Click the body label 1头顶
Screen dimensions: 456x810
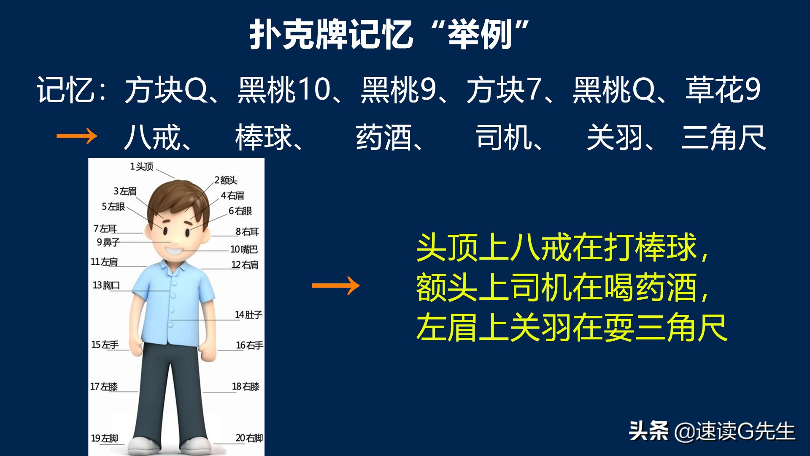click(x=141, y=167)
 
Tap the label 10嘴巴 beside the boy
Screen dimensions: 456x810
click(x=244, y=250)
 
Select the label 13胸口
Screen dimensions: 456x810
click(x=106, y=285)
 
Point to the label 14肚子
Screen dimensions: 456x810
click(x=248, y=315)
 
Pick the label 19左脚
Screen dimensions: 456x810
click(x=105, y=438)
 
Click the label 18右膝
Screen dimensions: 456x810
click(x=246, y=387)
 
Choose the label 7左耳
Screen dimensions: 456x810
click(x=105, y=229)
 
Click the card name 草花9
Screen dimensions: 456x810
click(x=723, y=90)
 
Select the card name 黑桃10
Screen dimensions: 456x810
click(x=284, y=90)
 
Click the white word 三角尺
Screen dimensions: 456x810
click(x=724, y=138)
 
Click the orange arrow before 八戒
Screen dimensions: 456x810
click(x=77, y=136)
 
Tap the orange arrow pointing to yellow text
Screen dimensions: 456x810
click(x=335, y=286)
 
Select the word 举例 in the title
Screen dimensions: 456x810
click(x=480, y=35)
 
